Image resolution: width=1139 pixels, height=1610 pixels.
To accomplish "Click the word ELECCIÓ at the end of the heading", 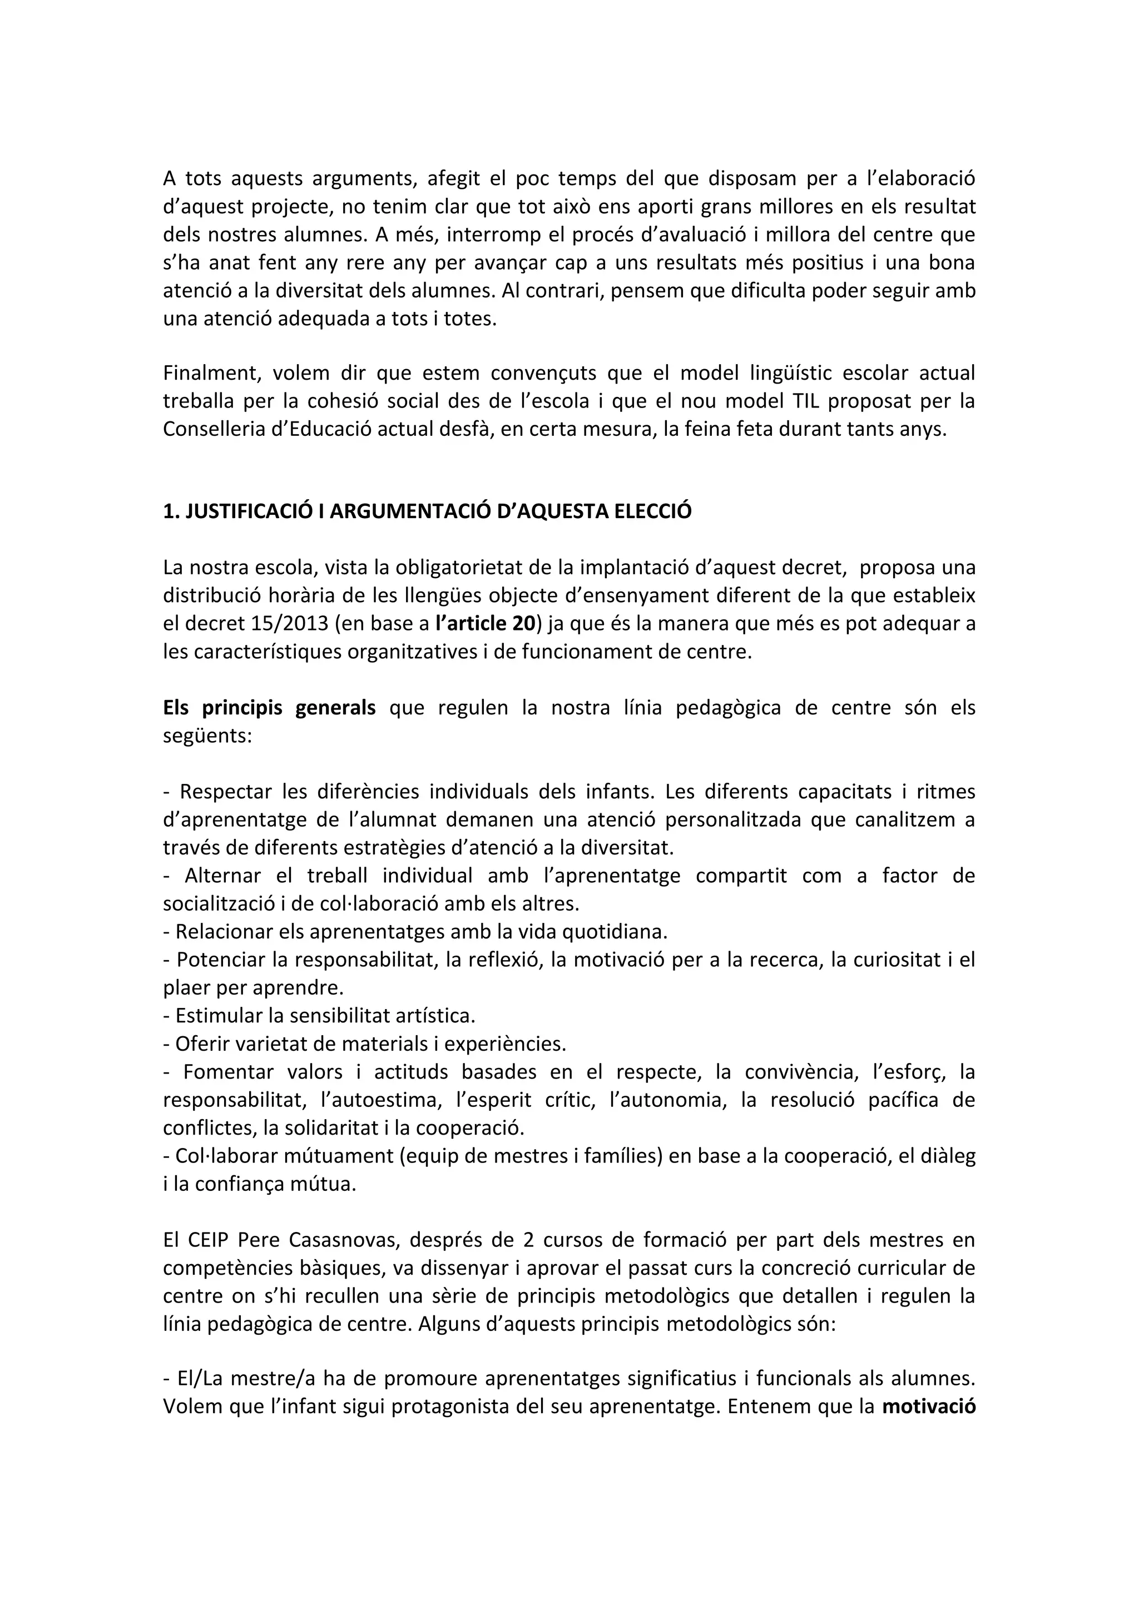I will click(653, 511).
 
